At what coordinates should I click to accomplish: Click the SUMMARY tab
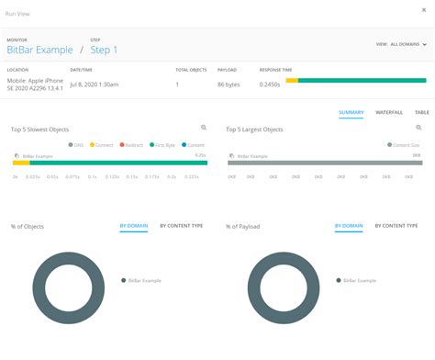(x=351, y=112)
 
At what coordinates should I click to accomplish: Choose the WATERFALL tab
(x=390, y=112)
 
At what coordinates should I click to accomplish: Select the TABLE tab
(x=422, y=112)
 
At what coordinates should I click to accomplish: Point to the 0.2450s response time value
(x=270, y=84)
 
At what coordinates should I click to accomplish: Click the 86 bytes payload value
(x=229, y=84)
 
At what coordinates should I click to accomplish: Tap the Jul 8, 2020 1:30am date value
(x=93, y=84)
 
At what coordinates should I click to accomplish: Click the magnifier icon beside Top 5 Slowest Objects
(x=204, y=128)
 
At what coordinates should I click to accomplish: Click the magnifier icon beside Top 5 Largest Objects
(x=418, y=128)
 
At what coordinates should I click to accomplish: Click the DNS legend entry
(x=77, y=144)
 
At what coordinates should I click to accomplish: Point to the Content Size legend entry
(x=404, y=144)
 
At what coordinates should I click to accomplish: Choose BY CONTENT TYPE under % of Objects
(x=181, y=225)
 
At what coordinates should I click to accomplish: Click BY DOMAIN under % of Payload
(x=349, y=225)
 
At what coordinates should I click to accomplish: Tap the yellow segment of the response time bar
(x=292, y=80)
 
